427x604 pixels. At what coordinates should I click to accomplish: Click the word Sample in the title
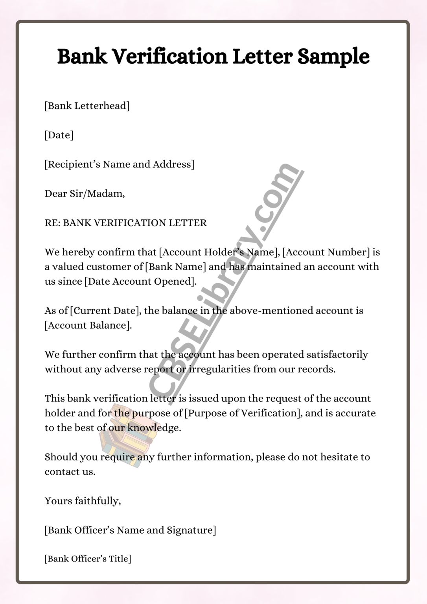(x=333, y=57)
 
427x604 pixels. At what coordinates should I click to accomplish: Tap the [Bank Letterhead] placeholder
(x=87, y=106)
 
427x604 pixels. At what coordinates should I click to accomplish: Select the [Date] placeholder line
(x=59, y=135)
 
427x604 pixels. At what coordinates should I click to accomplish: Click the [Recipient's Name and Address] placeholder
(x=119, y=164)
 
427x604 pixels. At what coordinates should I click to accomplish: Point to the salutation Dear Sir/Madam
(x=85, y=193)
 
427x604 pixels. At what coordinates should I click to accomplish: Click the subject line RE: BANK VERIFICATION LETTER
(x=125, y=223)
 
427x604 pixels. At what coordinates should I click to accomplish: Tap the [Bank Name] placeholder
(x=175, y=267)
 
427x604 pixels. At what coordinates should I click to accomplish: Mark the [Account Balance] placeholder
(x=88, y=326)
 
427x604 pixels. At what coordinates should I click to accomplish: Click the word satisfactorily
(x=337, y=355)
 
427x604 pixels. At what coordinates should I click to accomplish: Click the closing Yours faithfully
(x=83, y=501)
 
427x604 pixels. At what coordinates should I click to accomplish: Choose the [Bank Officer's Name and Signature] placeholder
(x=130, y=530)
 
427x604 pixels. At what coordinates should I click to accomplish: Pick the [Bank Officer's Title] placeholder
(x=88, y=559)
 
